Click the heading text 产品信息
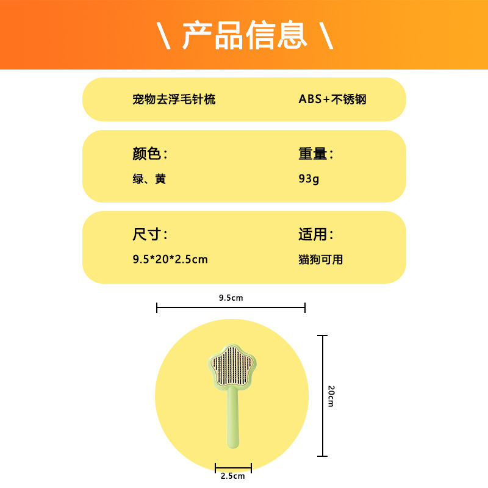tap(244, 35)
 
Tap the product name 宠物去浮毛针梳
tap(174, 99)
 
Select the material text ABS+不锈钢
tap(332, 99)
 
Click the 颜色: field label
tap(149, 154)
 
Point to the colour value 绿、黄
tap(149, 179)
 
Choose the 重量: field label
tap(316, 154)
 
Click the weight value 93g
tap(309, 179)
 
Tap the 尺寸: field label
tap(149, 234)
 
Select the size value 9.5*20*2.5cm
tap(170, 259)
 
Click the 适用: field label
tap(316, 234)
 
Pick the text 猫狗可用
tap(321, 259)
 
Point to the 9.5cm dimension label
tap(231, 298)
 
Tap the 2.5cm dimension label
tap(232, 476)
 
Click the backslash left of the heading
tap(163, 35)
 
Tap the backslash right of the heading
tap(326, 35)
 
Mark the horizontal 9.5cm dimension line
tap(231, 308)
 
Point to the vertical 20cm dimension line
tap(323, 396)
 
